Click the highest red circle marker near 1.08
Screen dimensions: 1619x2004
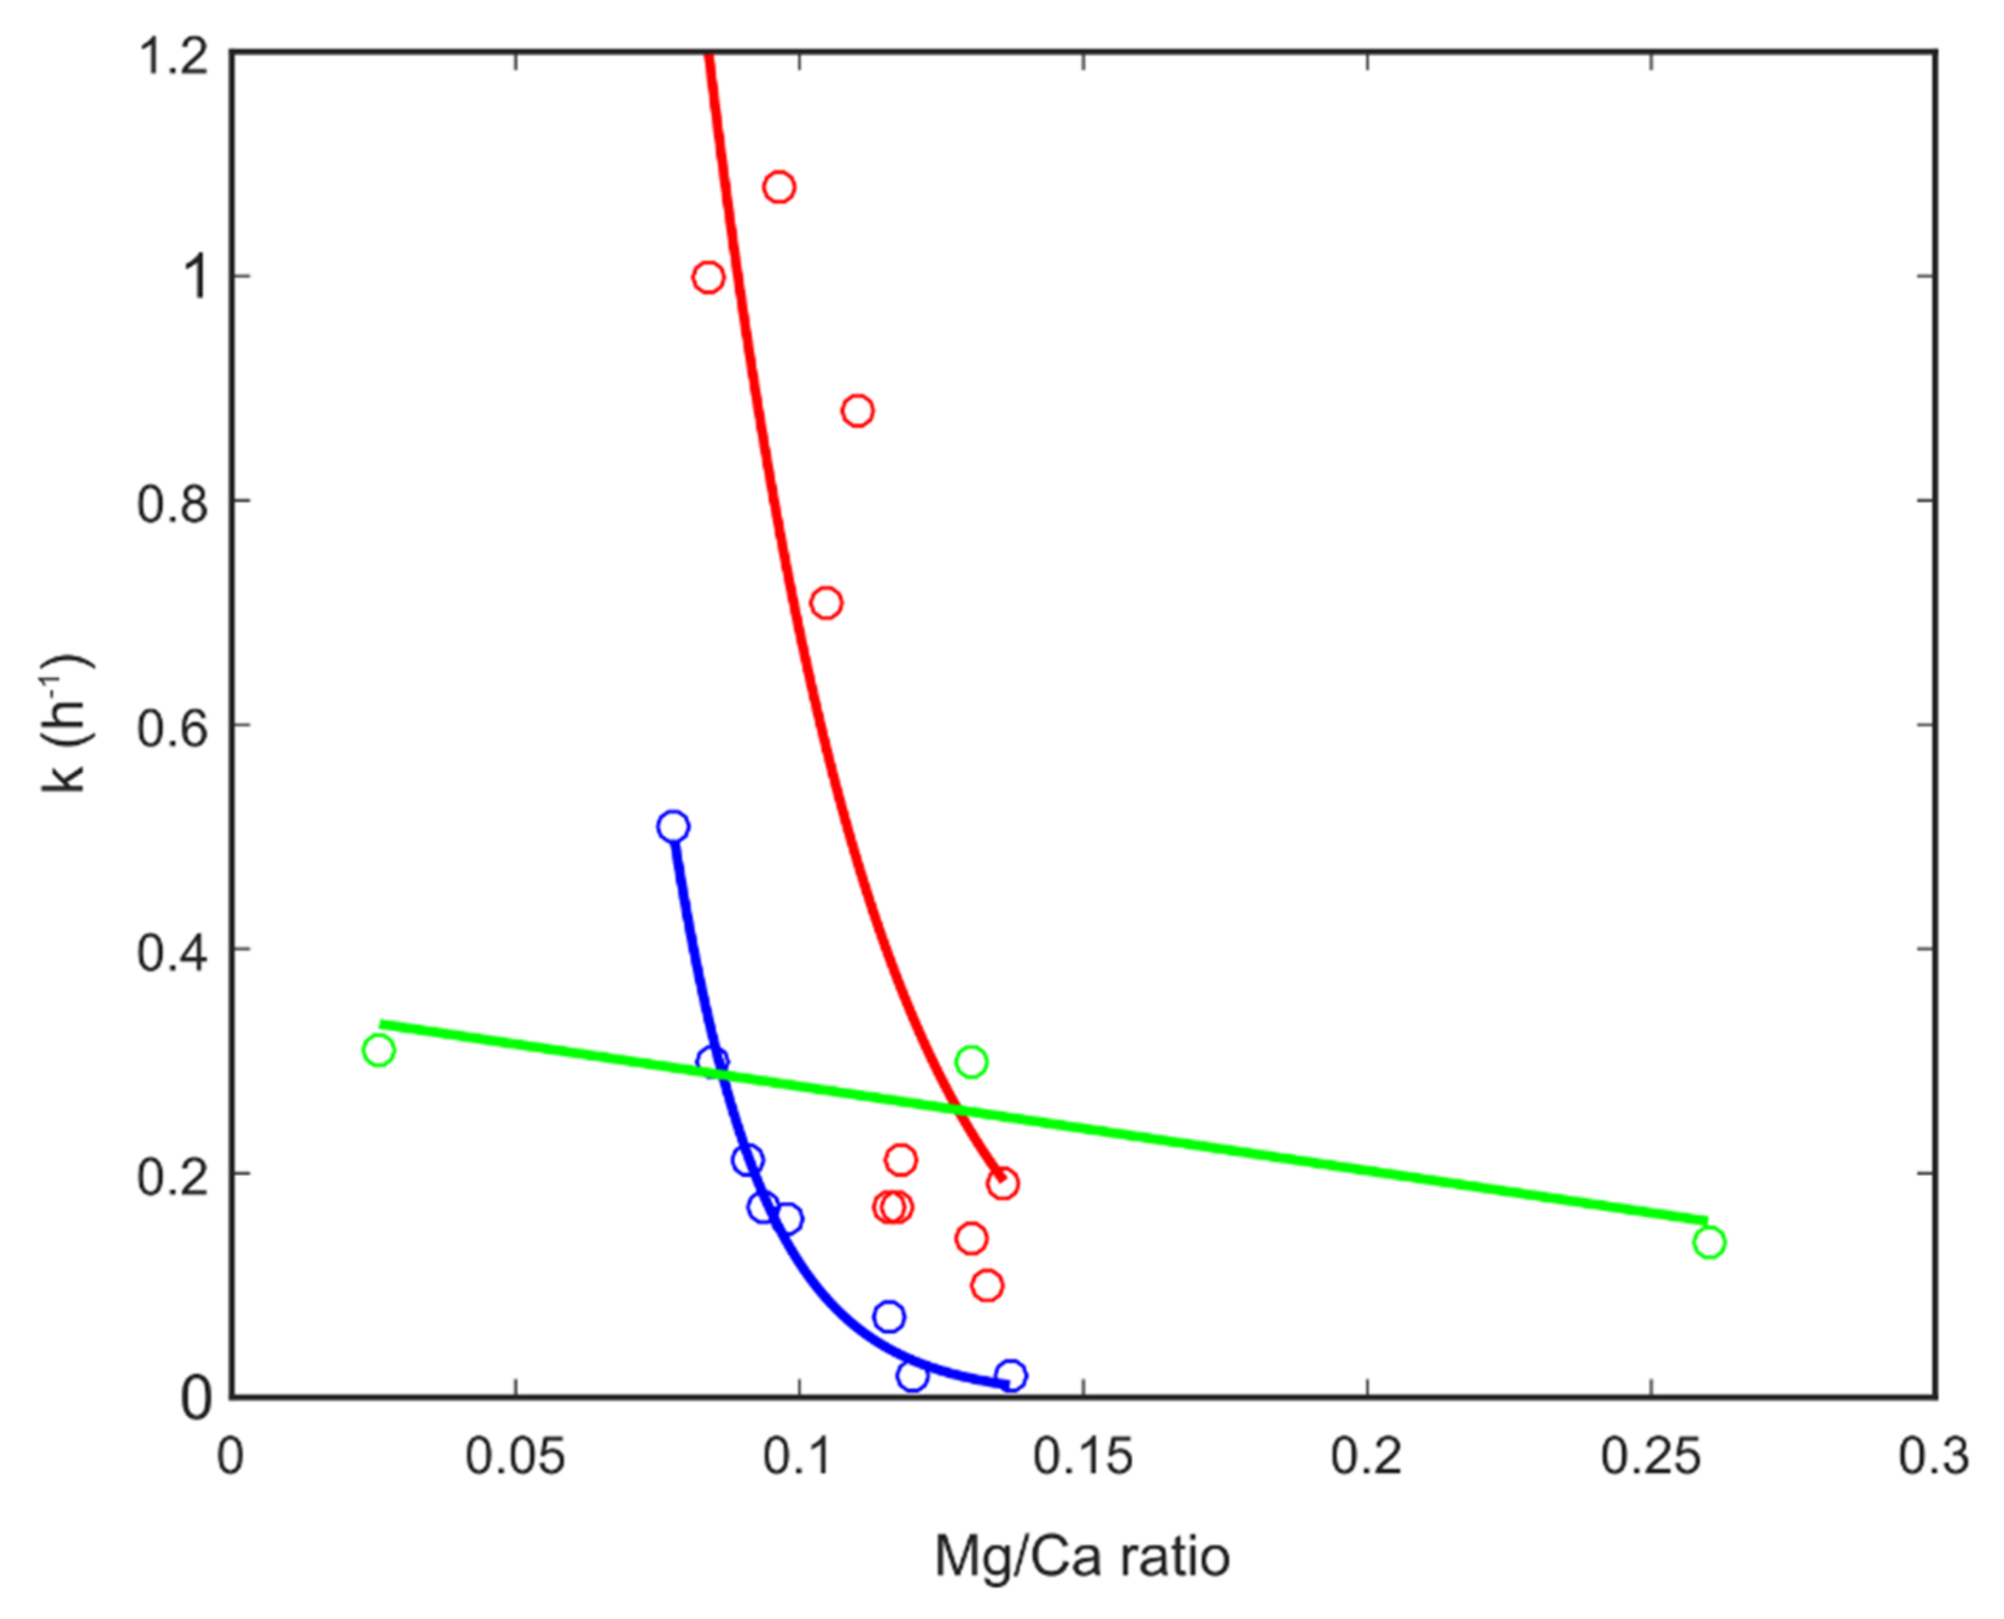(779, 187)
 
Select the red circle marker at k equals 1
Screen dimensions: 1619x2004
(708, 277)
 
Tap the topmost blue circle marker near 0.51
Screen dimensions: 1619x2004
(672, 827)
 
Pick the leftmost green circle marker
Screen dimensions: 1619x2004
(378, 1050)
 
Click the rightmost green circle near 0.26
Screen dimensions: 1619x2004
(1709, 1242)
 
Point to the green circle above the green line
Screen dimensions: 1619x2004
(971, 1061)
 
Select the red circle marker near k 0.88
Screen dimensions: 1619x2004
(857, 410)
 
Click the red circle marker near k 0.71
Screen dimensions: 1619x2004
(825, 602)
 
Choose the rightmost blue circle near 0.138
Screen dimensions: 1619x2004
(1010, 1376)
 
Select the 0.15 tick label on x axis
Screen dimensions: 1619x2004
(1082, 1457)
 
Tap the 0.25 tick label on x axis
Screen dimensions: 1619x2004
(1650, 1457)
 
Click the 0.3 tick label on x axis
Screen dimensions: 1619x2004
(1934, 1457)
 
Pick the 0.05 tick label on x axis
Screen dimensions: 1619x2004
(515, 1457)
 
